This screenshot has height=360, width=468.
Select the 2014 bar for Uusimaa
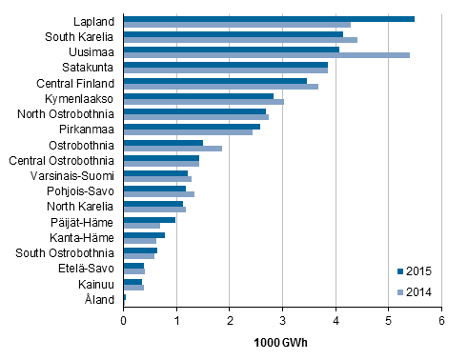click(x=267, y=55)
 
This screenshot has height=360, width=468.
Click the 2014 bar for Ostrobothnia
click(x=173, y=149)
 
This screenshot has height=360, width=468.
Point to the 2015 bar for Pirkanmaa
click(x=192, y=126)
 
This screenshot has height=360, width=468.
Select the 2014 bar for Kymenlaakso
click(x=204, y=102)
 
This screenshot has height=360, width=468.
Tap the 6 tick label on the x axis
click(x=441, y=322)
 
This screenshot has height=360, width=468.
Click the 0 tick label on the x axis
click(x=124, y=322)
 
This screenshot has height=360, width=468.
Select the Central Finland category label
click(x=79, y=83)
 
